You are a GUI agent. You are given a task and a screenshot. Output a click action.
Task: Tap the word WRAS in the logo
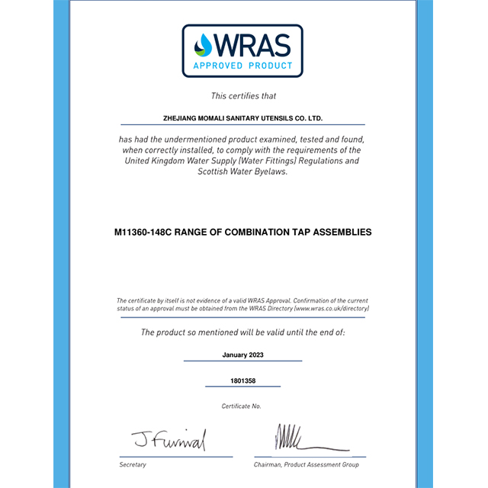[252, 45]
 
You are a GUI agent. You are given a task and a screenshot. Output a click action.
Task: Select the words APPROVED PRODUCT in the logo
[243, 66]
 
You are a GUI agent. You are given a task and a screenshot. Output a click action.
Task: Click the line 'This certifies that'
[243, 96]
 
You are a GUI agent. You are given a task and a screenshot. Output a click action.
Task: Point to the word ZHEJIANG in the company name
[181, 119]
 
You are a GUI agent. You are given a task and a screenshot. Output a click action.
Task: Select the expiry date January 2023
[243, 355]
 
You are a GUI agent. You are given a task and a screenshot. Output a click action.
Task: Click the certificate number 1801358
[243, 380]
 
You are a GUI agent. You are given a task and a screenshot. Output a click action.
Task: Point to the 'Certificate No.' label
[242, 406]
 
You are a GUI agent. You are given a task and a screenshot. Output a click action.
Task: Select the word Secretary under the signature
[133, 464]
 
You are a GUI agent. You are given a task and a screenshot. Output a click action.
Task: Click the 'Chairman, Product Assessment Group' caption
[306, 464]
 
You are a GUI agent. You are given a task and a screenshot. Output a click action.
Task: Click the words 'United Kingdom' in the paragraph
[157, 161]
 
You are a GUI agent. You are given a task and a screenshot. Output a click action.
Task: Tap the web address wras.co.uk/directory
[332, 309]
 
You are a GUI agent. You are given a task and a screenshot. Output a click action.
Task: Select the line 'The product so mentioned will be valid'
[243, 332]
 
